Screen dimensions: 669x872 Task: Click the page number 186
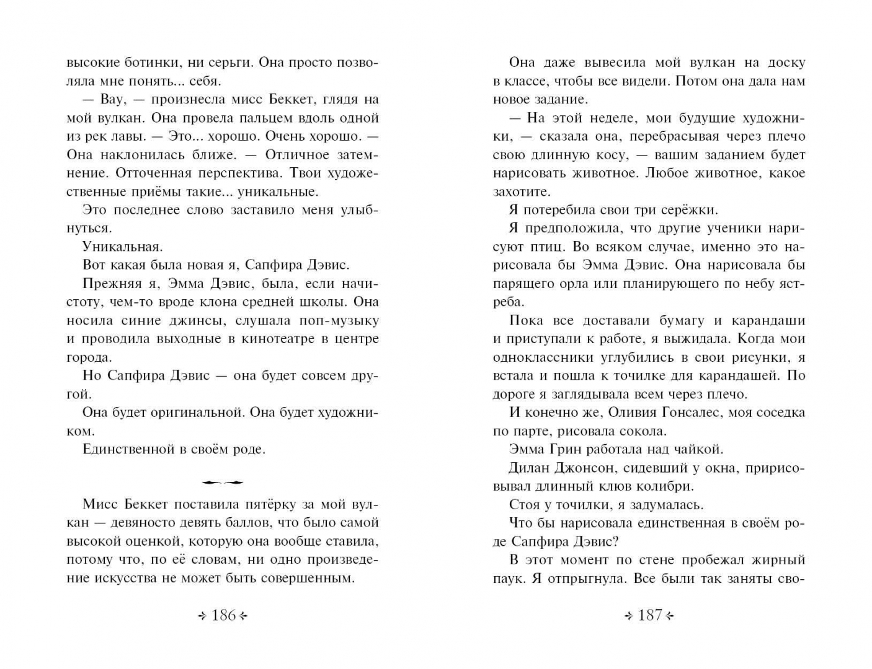[x=223, y=615]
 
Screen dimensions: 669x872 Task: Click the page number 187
[x=649, y=615]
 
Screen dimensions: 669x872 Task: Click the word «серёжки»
[x=687, y=210]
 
